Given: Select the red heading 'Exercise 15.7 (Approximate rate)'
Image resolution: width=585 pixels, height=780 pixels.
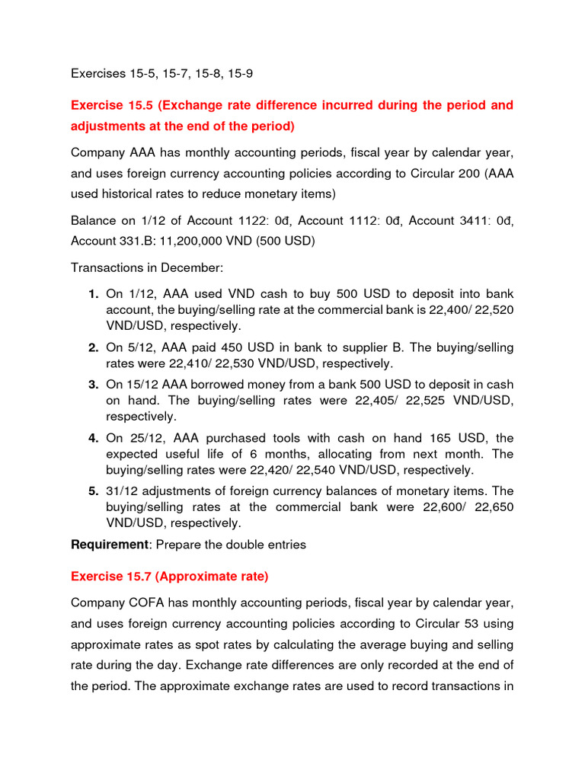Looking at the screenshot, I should point(169,577).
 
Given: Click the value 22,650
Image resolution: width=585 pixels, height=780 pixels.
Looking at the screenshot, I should point(494,507).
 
